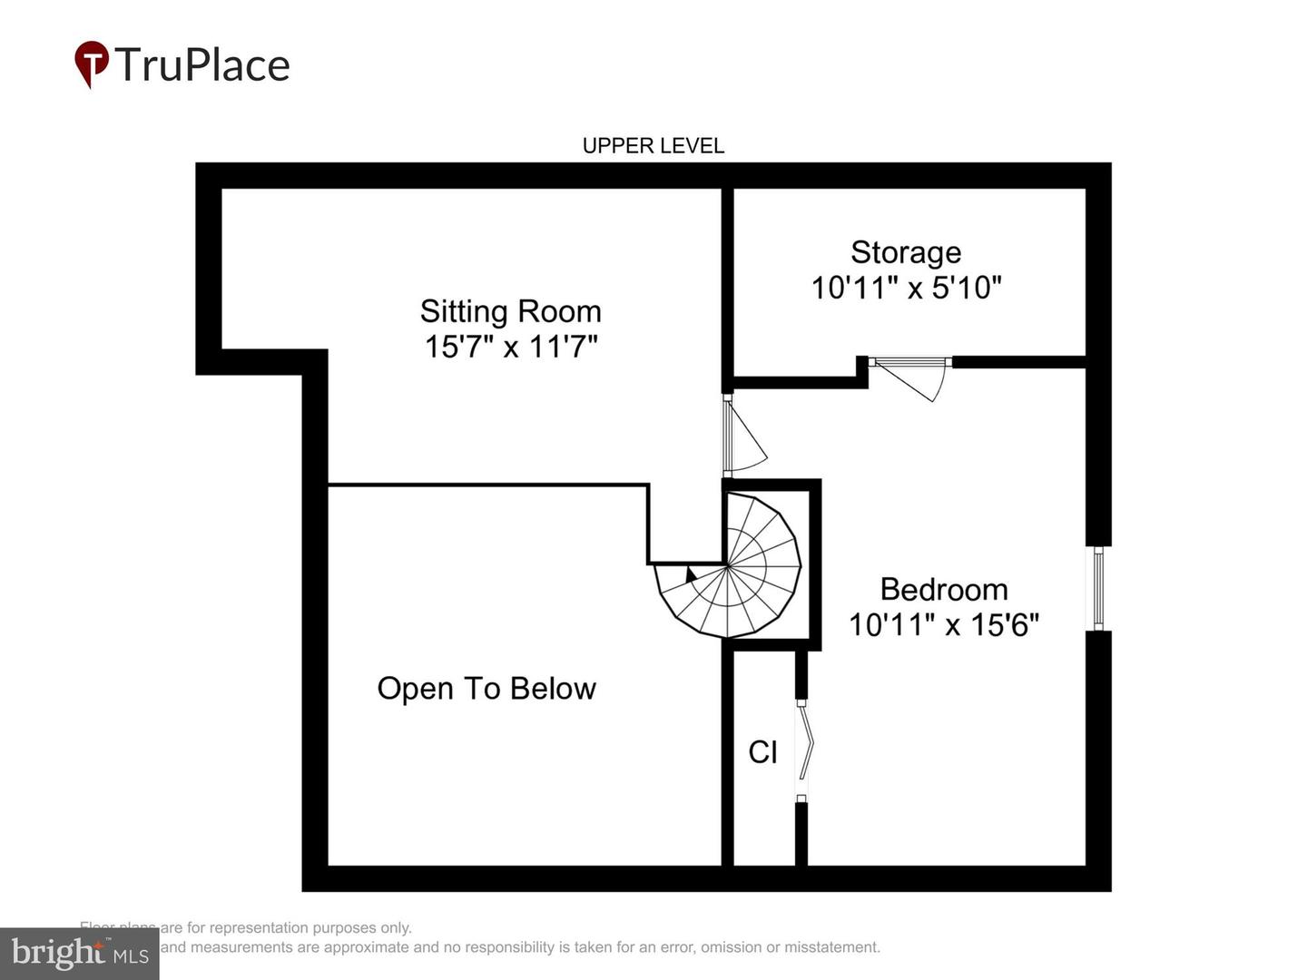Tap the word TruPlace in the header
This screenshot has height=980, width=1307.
(x=201, y=65)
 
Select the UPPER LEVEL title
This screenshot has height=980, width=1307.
(x=653, y=146)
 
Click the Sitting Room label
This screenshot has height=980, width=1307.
(x=510, y=311)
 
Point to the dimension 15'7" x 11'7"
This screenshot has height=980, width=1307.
(x=511, y=347)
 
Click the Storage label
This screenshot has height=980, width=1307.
(x=906, y=252)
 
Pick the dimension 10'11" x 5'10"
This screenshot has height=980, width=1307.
(x=906, y=288)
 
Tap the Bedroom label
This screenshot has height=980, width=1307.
(x=944, y=590)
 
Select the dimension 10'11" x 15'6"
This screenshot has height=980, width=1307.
(x=944, y=625)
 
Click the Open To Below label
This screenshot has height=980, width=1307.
(x=486, y=689)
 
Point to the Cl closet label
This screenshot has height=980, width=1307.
(x=762, y=752)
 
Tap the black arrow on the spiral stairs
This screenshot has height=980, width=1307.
(x=691, y=574)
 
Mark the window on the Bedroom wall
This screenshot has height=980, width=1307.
(x=1098, y=588)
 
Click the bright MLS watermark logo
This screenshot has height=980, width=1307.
(x=79, y=953)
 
